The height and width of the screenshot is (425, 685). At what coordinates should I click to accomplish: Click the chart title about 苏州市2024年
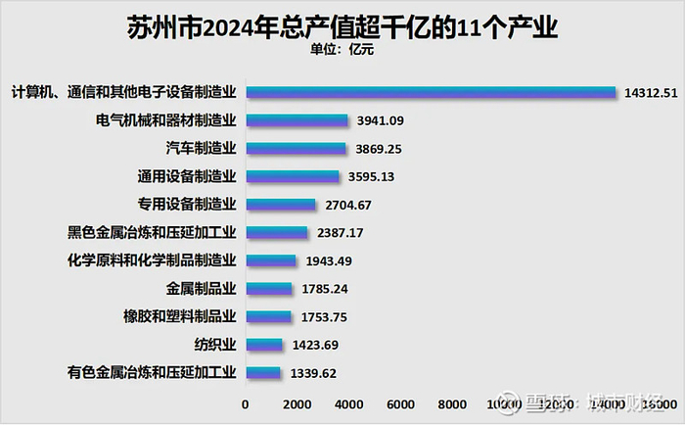tap(342, 26)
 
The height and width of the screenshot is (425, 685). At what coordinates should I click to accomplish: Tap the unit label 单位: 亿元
tap(342, 52)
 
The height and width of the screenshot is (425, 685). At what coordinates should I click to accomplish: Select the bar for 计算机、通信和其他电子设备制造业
tap(431, 93)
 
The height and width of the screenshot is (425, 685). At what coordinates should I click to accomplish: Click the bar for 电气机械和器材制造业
tap(297, 120)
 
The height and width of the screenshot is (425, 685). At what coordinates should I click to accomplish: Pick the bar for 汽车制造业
tap(296, 149)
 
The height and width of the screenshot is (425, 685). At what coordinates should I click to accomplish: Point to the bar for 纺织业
tap(264, 345)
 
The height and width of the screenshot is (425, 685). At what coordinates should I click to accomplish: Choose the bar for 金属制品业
tap(269, 289)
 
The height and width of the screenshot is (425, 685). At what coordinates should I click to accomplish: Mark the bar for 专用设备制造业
tap(281, 205)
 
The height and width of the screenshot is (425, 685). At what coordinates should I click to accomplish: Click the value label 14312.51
tap(650, 93)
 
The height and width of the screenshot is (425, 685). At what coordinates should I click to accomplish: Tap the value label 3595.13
tap(374, 177)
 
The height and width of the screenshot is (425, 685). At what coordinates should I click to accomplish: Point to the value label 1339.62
tap(314, 373)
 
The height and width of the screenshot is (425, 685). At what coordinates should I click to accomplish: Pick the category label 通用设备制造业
tap(188, 177)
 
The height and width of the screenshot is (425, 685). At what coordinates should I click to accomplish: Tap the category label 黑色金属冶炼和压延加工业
tap(153, 233)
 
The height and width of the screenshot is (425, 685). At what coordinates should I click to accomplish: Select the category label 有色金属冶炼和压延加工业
tap(153, 373)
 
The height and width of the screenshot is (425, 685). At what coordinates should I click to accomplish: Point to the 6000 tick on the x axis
tap(399, 404)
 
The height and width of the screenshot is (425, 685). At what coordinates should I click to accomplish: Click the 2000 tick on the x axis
tap(297, 404)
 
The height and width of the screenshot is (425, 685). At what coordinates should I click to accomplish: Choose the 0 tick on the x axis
tap(246, 404)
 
